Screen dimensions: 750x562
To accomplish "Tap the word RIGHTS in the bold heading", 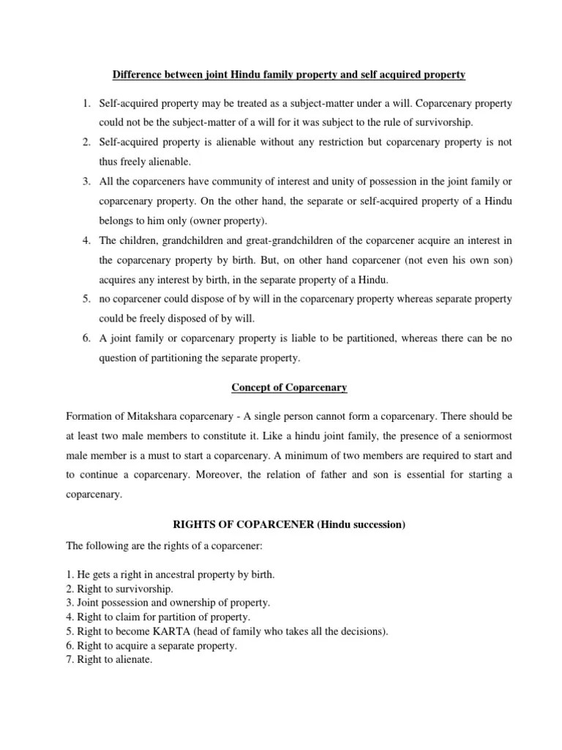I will pyautogui.click(x=195, y=524).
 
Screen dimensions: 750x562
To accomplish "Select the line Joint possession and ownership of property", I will pyautogui.click(x=168, y=603).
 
